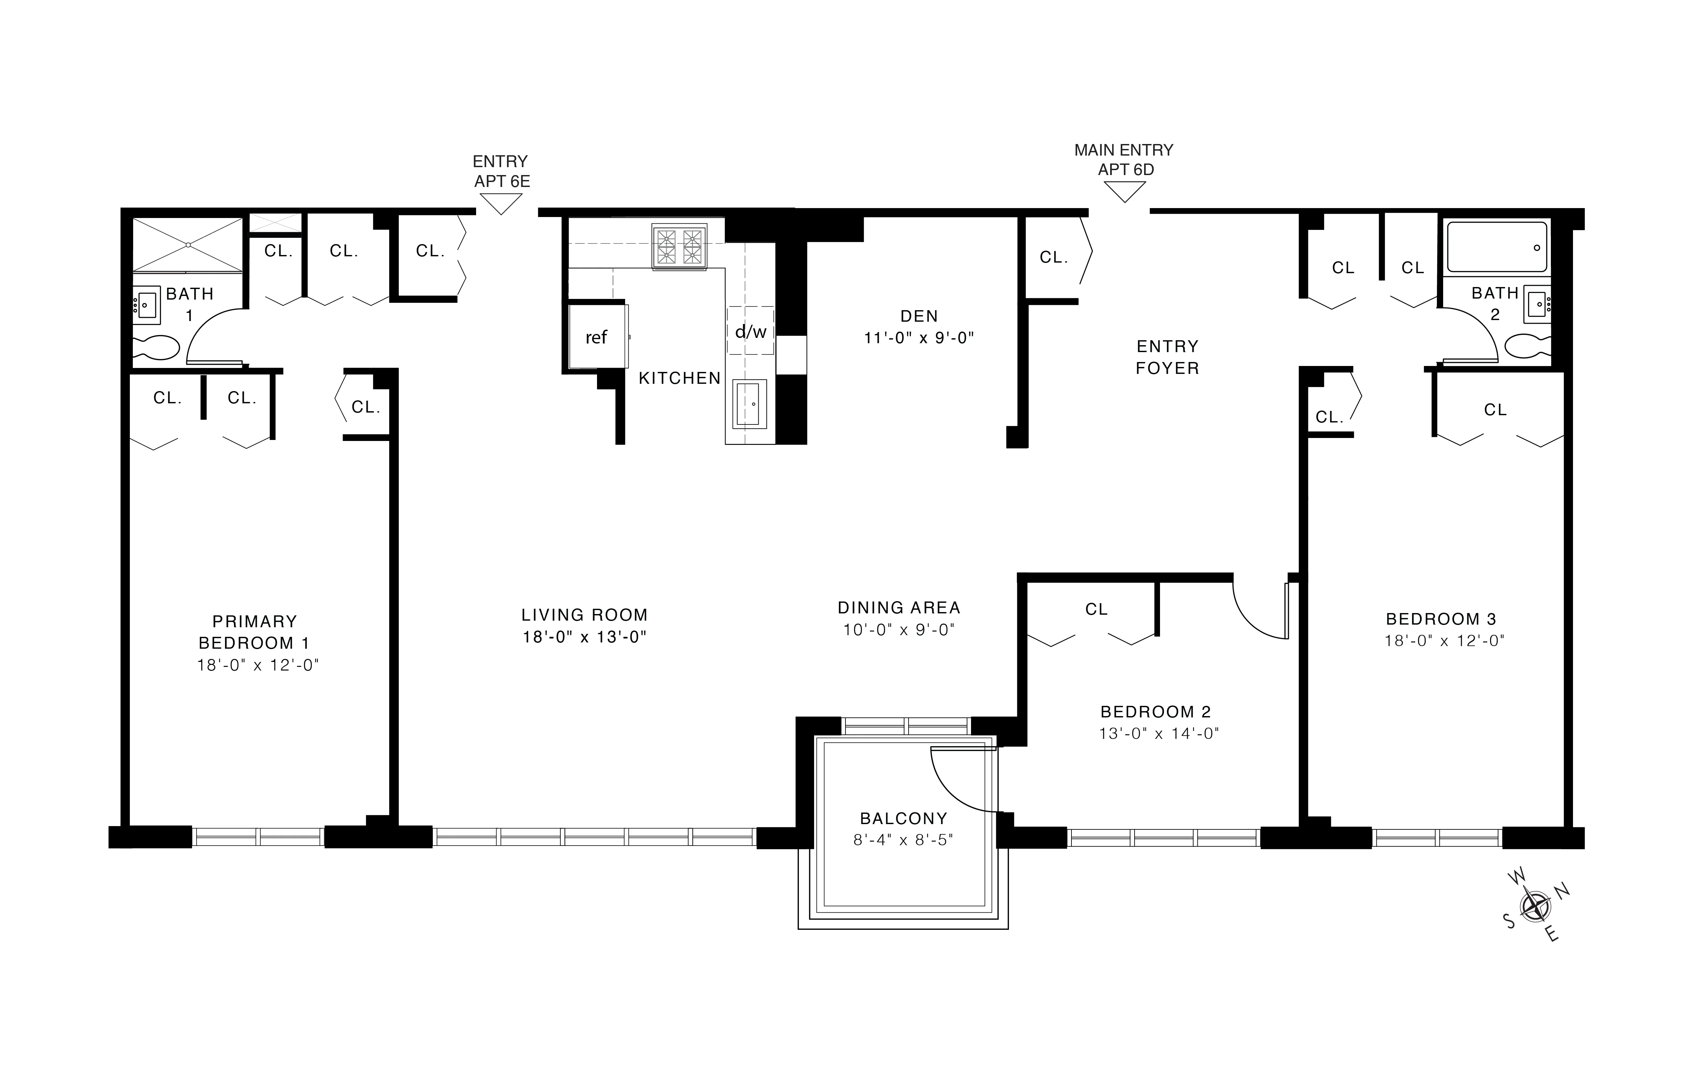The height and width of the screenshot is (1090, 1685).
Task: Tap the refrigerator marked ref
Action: pos(596,337)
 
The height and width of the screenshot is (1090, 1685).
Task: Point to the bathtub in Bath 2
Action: pos(1497,247)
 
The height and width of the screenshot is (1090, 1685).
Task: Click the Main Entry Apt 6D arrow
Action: pos(1124,191)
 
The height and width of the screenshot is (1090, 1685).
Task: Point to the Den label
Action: pos(919,316)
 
